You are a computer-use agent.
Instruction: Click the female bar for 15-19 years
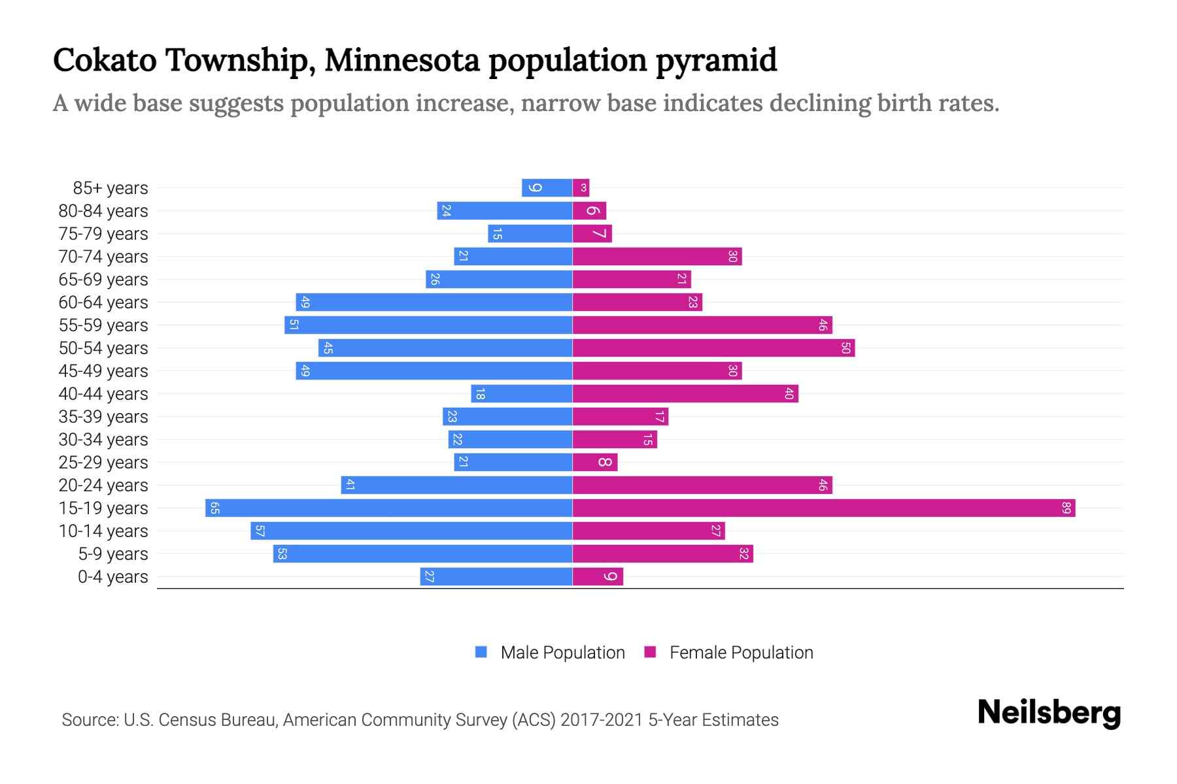pyautogui.click(x=824, y=508)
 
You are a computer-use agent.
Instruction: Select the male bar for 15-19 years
pyautogui.click(x=388, y=508)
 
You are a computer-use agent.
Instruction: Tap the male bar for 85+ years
pyautogui.click(x=547, y=188)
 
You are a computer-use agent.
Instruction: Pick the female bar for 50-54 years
pyautogui.click(x=713, y=348)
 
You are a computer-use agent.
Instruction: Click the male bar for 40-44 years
pyautogui.click(x=521, y=393)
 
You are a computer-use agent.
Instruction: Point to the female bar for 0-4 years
pyautogui.click(x=598, y=576)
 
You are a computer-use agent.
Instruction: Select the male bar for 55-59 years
pyautogui.click(x=428, y=325)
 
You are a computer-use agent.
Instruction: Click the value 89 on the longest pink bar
pyautogui.click(x=1066, y=508)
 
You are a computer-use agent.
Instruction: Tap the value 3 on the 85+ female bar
pyautogui.click(x=584, y=188)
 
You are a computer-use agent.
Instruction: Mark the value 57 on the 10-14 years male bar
pyautogui.click(x=260, y=531)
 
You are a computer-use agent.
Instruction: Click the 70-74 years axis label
pyautogui.click(x=103, y=256)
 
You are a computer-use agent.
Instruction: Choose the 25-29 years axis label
pyautogui.click(x=103, y=462)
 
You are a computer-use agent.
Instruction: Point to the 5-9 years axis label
pyautogui.click(x=113, y=553)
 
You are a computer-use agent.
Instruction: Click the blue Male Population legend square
pyautogui.click(x=481, y=652)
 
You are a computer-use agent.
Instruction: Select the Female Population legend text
pyautogui.click(x=741, y=652)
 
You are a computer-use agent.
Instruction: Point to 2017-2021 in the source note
pyautogui.click(x=602, y=720)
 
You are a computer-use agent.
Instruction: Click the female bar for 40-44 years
pyautogui.click(x=685, y=393)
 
